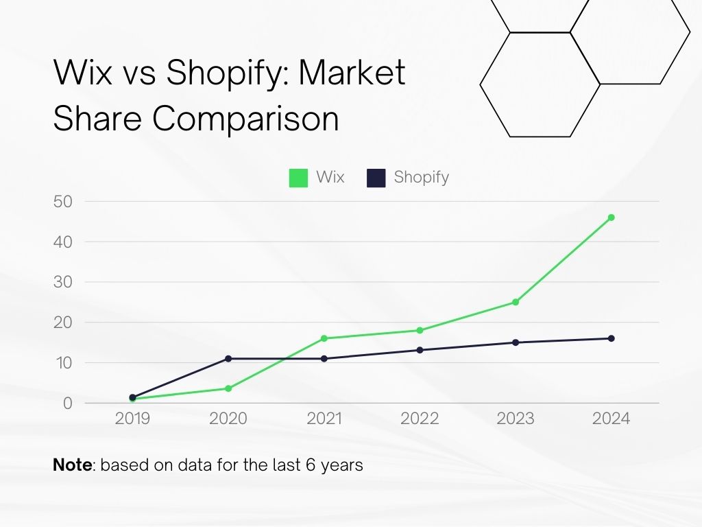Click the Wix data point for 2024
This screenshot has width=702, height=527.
(x=611, y=218)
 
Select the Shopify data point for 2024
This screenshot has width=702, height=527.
(x=611, y=338)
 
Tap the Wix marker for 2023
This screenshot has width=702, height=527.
(x=516, y=302)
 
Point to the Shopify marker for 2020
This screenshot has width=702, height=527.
(x=228, y=358)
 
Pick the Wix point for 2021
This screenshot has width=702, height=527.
(x=324, y=338)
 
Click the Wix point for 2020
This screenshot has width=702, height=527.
(x=228, y=388)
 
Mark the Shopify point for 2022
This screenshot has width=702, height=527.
(x=420, y=350)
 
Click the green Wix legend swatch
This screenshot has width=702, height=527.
(x=298, y=178)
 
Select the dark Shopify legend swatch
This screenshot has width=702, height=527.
(x=376, y=178)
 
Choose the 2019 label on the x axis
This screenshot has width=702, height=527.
(x=132, y=419)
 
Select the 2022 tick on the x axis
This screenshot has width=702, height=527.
(x=420, y=419)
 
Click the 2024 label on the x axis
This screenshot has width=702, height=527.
(x=611, y=419)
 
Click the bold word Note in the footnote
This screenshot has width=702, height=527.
(x=72, y=465)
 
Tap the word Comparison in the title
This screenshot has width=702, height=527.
(x=245, y=119)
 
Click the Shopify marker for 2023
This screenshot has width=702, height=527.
(x=516, y=342)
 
